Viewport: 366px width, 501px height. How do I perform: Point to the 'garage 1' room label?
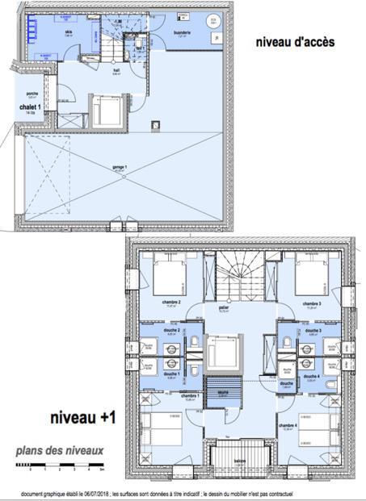pyautogui.click(x=120, y=167)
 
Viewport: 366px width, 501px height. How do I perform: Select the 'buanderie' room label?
pyautogui.click(x=182, y=33)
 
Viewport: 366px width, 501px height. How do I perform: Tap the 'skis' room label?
pyautogui.click(x=69, y=31)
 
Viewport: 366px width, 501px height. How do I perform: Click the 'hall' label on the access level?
pyautogui.click(x=116, y=70)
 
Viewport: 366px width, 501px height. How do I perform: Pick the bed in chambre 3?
pyautogui.click(x=313, y=278)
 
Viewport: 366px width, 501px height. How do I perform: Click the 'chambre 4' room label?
pyautogui.click(x=288, y=425)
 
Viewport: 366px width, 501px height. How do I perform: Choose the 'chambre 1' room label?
pyautogui.click(x=190, y=396)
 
